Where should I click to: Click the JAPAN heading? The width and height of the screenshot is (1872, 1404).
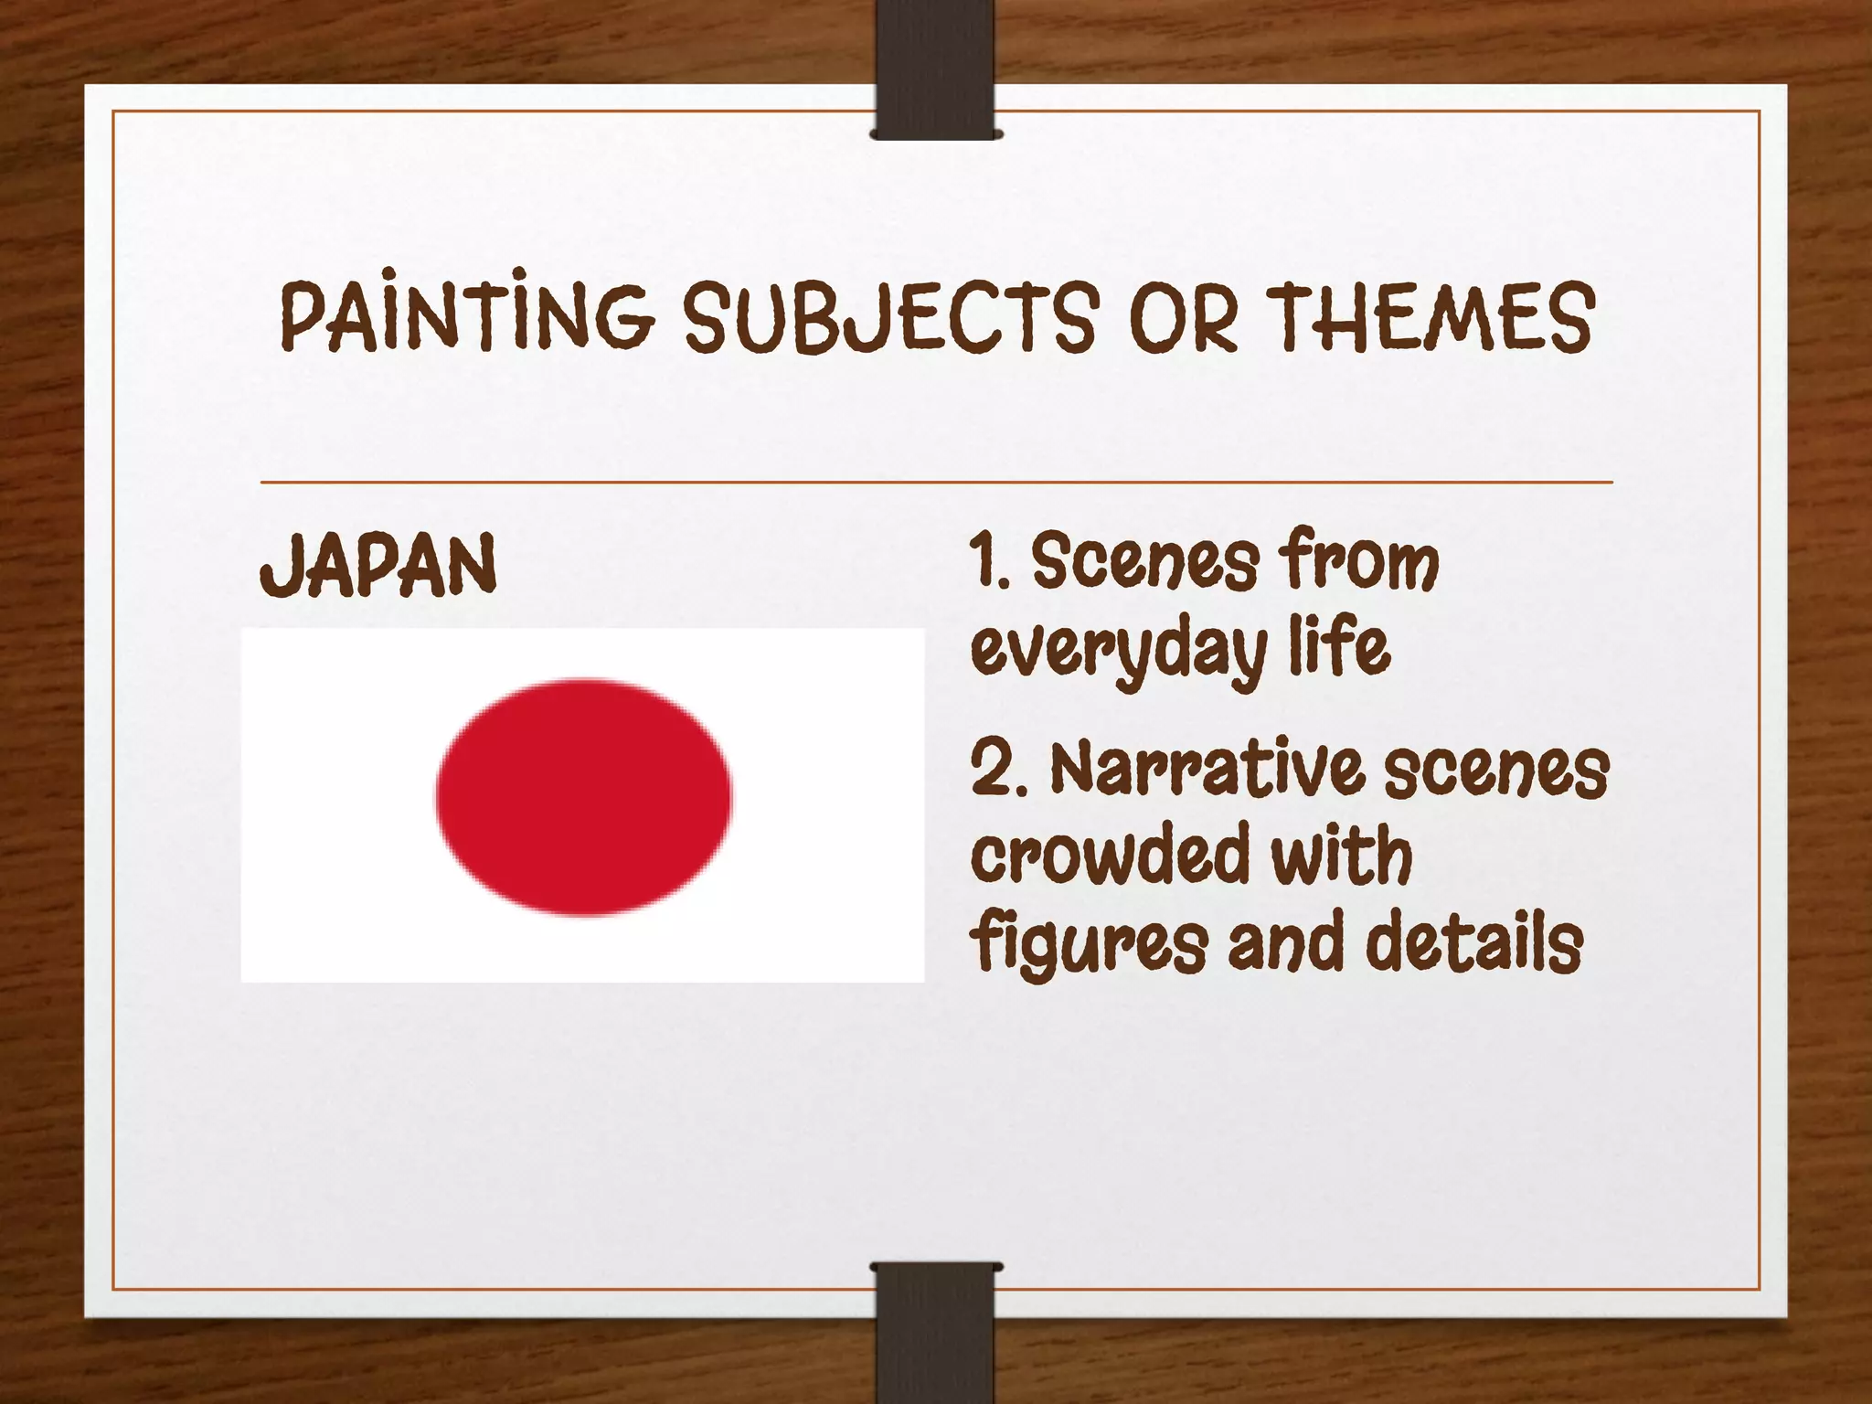[378, 566]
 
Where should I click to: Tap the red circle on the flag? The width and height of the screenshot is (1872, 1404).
[583, 796]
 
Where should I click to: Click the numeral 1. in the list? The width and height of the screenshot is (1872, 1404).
[989, 561]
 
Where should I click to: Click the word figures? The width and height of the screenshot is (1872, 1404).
[1089, 943]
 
